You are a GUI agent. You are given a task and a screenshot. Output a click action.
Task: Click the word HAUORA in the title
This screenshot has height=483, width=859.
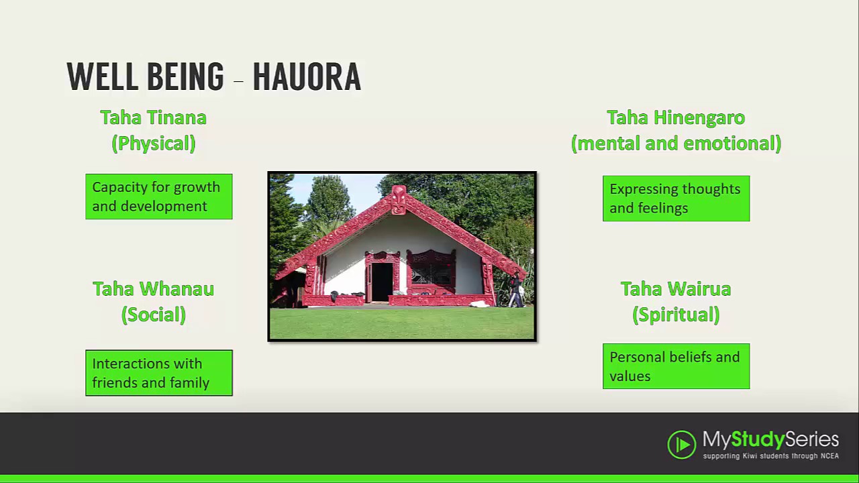pyautogui.click(x=307, y=76)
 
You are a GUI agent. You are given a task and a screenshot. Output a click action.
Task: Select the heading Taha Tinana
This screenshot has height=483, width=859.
pyautogui.click(x=153, y=117)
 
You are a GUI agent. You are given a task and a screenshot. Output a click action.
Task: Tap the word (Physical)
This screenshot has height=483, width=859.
pyautogui.click(x=153, y=143)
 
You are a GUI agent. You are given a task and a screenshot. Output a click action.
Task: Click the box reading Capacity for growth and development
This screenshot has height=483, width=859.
pyautogui.click(x=159, y=197)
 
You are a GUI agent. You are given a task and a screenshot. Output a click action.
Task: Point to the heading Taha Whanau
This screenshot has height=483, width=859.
pyautogui.click(x=153, y=289)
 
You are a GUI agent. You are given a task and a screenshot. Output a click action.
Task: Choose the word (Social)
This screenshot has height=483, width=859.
pyautogui.click(x=153, y=315)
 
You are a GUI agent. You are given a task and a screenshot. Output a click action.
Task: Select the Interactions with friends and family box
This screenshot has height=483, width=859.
pyautogui.click(x=159, y=373)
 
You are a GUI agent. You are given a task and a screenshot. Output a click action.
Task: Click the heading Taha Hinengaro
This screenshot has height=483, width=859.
pyautogui.click(x=676, y=117)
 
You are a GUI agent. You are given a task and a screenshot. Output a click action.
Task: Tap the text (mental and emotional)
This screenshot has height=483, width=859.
pyautogui.click(x=676, y=143)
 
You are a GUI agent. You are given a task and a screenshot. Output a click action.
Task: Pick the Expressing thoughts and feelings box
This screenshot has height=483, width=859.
pyautogui.click(x=676, y=199)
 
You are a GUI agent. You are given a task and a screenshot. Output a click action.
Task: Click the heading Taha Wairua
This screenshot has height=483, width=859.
pyautogui.click(x=676, y=289)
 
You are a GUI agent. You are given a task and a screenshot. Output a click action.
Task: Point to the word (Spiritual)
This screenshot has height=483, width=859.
pyautogui.click(x=676, y=315)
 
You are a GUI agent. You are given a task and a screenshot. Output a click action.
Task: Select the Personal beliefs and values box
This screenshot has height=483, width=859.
pyautogui.click(x=676, y=366)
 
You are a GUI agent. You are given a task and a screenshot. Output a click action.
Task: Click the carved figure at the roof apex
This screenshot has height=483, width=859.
pyautogui.click(x=399, y=199)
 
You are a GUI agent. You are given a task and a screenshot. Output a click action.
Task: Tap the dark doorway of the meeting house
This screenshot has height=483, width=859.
pyautogui.click(x=382, y=281)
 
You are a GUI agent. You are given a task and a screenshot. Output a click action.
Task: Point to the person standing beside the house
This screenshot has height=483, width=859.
pyautogui.click(x=515, y=290)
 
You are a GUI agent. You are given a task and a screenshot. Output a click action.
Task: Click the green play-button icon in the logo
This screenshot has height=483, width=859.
pyautogui.click(x=681, y=445)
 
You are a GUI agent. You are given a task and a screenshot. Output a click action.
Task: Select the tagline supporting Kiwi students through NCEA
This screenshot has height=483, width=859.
pyautogui.click(x=770, y=456)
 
